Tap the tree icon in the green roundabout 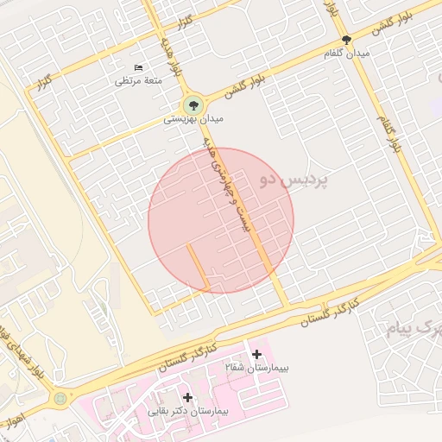point(192,105)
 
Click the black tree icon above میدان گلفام point(346,40)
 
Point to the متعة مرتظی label point(139,80)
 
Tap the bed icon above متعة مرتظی point(138,67)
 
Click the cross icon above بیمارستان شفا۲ point(256,354)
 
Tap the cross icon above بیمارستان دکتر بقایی point(187,397)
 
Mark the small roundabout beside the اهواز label point(60,399)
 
